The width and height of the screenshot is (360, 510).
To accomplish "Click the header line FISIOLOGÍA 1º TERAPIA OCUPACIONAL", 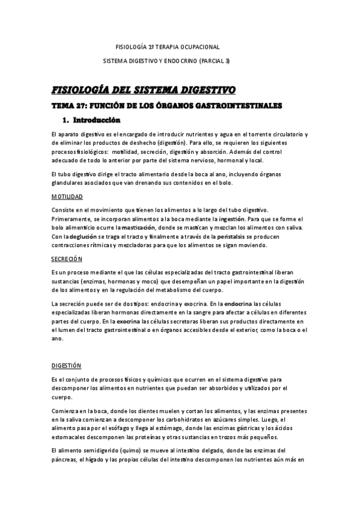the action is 167,46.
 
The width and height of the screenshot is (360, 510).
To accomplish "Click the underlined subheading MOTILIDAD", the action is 67,197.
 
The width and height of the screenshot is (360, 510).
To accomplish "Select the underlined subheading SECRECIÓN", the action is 67,259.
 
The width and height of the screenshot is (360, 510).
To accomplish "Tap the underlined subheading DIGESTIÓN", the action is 67,366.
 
